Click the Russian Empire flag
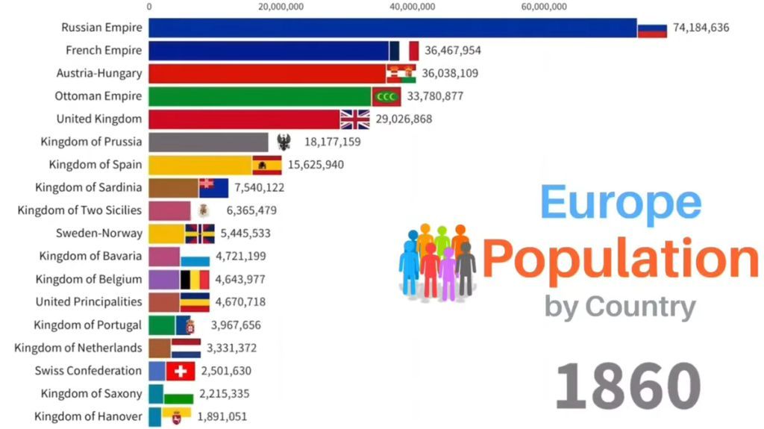651,28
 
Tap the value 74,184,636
701,28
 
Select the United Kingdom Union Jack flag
355,119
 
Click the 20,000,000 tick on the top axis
281,7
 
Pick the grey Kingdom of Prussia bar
208,143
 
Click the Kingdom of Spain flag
266,165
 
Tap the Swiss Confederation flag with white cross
180,371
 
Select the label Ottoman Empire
98,96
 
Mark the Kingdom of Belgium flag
195,280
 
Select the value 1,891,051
222,417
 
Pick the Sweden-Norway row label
98,234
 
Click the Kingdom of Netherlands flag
186,348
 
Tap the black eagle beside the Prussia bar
284,143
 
